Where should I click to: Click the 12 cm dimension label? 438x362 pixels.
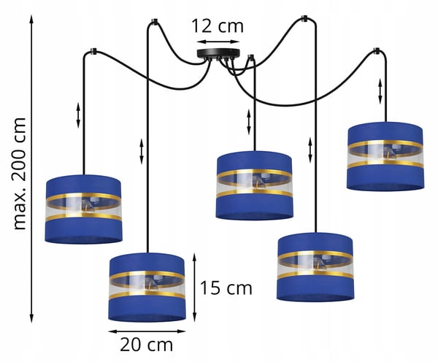218,26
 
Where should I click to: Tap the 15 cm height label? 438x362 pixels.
226,288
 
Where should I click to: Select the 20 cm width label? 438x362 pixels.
147,345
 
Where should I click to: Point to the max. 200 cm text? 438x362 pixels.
20,174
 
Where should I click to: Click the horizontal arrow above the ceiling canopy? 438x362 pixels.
218,42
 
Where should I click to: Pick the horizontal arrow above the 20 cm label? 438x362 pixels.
147,331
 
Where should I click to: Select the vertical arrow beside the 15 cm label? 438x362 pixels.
195,288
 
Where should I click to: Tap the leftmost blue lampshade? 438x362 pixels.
83,209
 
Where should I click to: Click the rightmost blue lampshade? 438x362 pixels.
385,156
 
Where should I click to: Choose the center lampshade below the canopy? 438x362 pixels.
254,185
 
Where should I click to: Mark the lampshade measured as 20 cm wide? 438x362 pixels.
147,288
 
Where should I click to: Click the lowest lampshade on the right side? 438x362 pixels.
315,267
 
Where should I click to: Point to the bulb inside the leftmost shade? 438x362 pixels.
89,206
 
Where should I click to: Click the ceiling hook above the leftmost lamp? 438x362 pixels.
92,51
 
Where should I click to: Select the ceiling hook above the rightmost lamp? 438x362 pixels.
377,50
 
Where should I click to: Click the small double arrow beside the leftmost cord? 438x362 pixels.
78,115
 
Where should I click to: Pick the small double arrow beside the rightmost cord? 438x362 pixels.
380,91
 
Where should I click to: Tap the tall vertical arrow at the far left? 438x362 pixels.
31,169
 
